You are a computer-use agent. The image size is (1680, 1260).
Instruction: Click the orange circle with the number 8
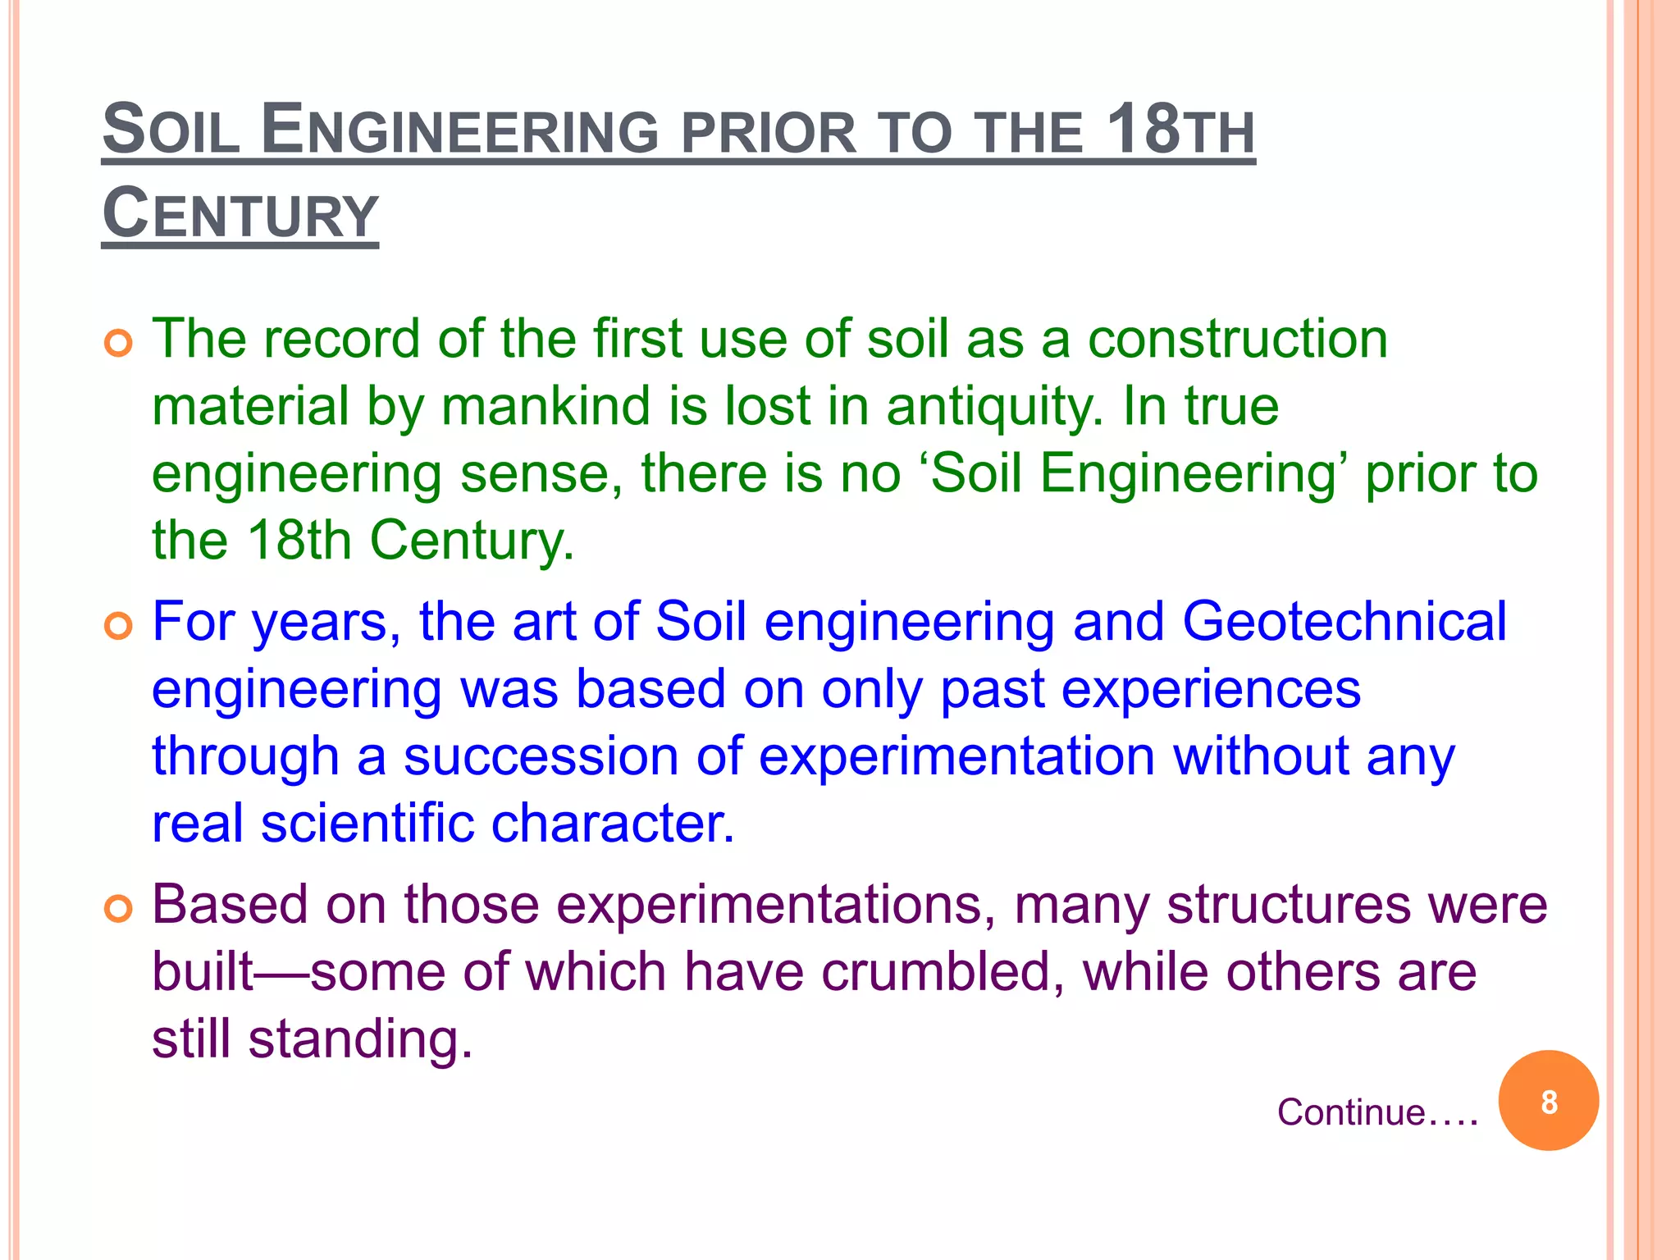point(1548,1101)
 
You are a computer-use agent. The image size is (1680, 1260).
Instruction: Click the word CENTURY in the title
point(240,213)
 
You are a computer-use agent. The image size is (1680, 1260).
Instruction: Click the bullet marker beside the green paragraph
point(119,344)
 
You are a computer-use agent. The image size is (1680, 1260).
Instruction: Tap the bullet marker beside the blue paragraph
point(119,627)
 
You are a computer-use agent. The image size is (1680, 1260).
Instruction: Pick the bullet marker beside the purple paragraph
point(119,910)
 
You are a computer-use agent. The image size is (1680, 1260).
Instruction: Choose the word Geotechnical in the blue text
point(1344,621)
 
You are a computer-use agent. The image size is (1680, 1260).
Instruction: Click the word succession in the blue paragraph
point(541,756)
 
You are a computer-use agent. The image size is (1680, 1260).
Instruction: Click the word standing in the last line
point(361,1040)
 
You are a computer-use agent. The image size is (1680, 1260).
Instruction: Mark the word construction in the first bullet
point(1237,339)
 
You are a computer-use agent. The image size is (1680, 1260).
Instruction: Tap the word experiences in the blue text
point(1150,689)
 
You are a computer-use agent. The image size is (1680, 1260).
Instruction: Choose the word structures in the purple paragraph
point(1288,905)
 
